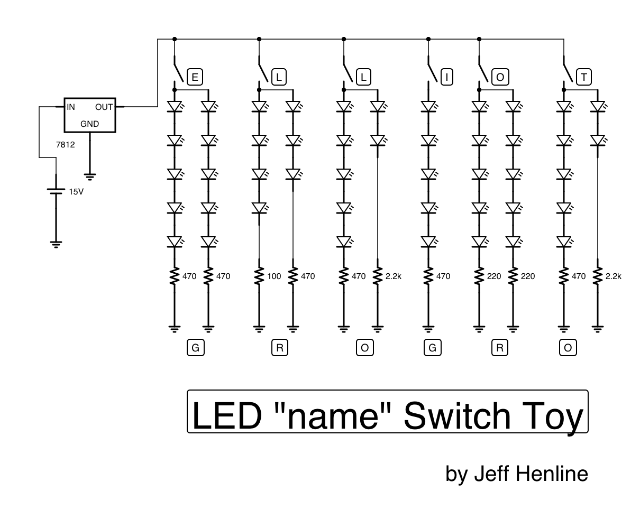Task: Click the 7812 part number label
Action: coord(66,144)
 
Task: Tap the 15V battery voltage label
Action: coord(76,191)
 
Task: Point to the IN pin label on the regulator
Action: coord(71,107)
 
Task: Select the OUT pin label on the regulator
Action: coord(104,107)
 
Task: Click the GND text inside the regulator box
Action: coord(89,124)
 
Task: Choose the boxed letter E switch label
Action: coord(195,77)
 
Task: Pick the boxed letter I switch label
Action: coord(446,77)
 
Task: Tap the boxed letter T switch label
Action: coord(583,77)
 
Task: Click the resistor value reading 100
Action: coord(274,276)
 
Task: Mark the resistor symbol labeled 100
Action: coord(259,276)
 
